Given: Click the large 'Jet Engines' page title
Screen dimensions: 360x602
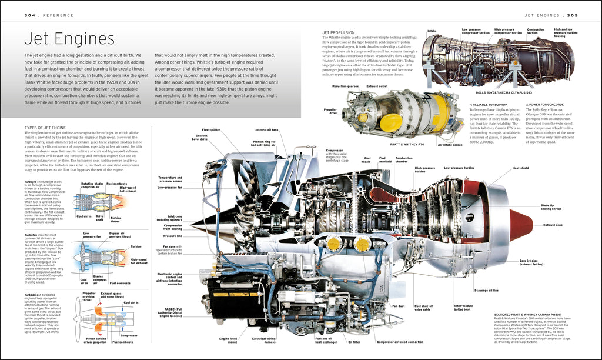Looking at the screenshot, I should point(69,39).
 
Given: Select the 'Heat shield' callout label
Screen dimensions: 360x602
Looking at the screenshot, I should point(520,168).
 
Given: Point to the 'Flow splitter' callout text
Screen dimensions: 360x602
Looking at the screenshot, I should point(211,129).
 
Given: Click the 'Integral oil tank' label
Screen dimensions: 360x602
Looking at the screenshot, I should point(267,129).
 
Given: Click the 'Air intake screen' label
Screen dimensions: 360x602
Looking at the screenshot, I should point(450,144).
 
